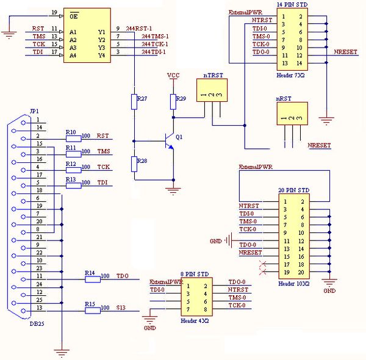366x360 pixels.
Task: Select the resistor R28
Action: point(132,164)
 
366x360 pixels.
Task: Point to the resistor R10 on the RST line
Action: point(73,136)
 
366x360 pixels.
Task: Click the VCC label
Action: point(174,75)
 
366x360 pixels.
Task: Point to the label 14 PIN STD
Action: point(291,5)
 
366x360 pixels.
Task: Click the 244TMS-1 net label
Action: point(155,37)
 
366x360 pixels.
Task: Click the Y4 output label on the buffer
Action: point(101,56)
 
